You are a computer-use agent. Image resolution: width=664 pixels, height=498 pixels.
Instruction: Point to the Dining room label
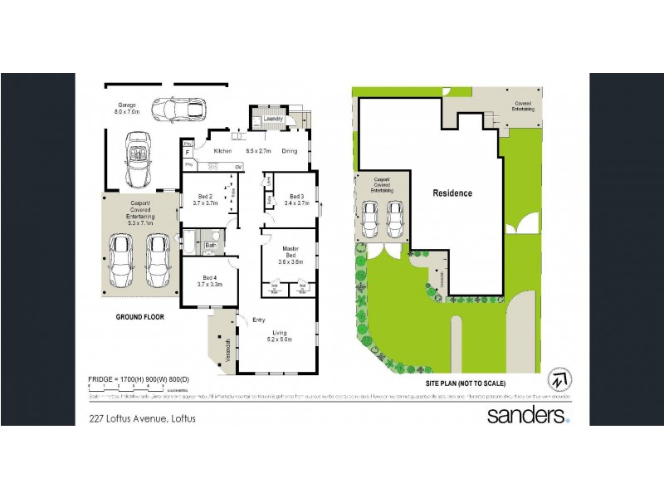tap(290, 151)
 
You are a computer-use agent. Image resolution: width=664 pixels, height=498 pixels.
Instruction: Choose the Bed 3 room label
tap(296, 198)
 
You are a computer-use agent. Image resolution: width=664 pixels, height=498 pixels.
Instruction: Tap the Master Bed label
tap(290, 253)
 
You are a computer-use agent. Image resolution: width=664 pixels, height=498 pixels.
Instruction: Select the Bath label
tap(211, 246)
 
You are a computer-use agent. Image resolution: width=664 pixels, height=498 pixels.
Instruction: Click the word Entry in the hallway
tap(259, 319)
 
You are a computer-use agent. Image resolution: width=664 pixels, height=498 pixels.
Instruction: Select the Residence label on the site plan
tap(452, 193)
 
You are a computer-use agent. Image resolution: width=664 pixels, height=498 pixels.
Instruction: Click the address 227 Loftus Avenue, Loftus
tap(142, 419)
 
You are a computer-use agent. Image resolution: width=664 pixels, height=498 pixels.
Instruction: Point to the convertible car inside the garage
tap(138, 159)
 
